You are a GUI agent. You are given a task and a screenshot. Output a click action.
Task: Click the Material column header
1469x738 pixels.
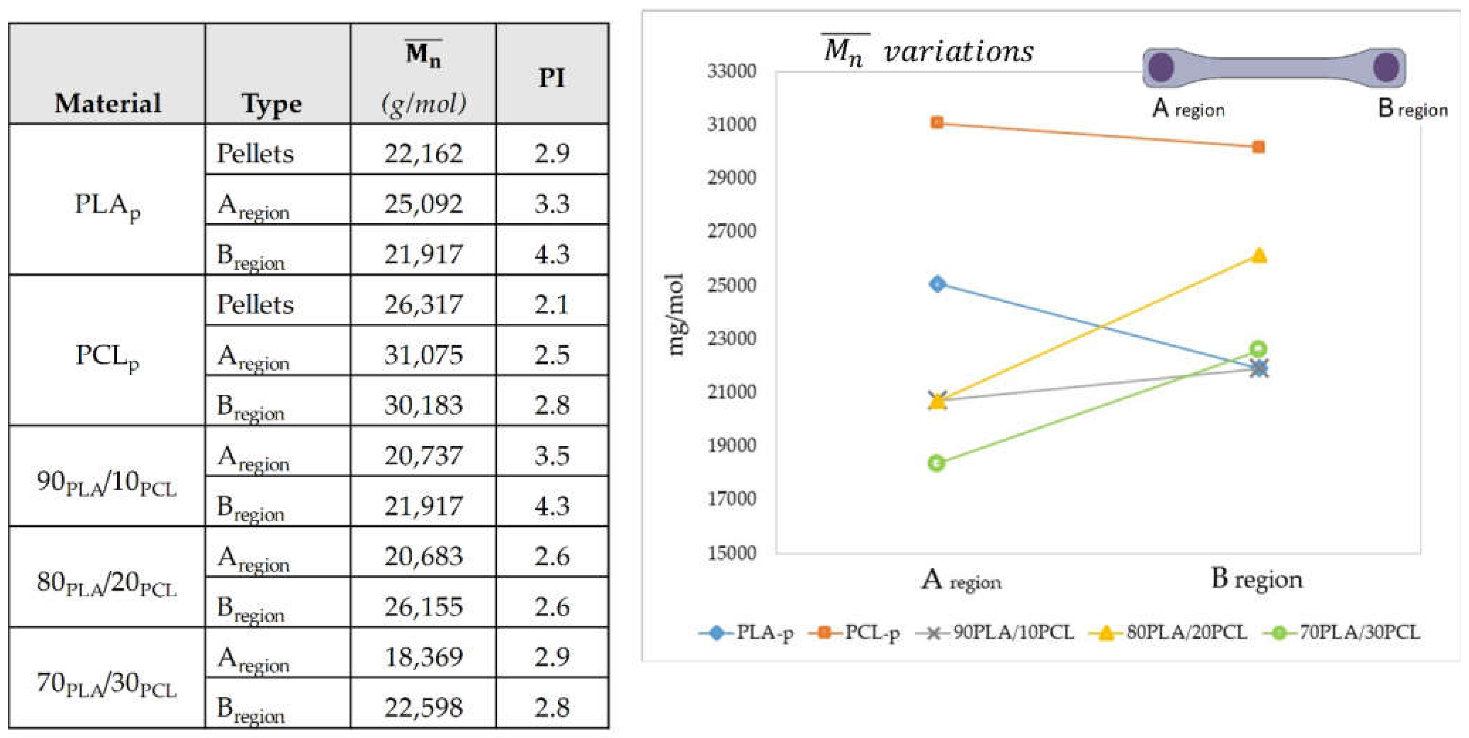tap(107, 103)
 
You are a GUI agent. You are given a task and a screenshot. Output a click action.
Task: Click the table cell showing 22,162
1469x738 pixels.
tap(423, 153)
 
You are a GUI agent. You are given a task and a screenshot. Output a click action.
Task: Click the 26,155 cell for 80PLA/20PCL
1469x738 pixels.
tap(423, 606)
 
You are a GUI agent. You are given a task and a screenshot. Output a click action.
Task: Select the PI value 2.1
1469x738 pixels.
tap(551, 304)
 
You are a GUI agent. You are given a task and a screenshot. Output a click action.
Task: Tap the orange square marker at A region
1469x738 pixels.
tap(937, 123)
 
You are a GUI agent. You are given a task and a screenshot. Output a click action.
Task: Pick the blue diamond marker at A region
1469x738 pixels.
tap(937, 284)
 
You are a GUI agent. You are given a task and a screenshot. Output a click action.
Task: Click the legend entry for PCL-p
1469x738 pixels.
tap(855, 632)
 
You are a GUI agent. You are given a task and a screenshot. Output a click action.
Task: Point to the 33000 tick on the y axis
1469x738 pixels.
tap(732, 71)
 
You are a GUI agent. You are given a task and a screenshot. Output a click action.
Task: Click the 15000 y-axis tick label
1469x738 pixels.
tap(732, 552)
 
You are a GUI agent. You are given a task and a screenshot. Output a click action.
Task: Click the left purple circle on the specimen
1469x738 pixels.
tap(1161, 68)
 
